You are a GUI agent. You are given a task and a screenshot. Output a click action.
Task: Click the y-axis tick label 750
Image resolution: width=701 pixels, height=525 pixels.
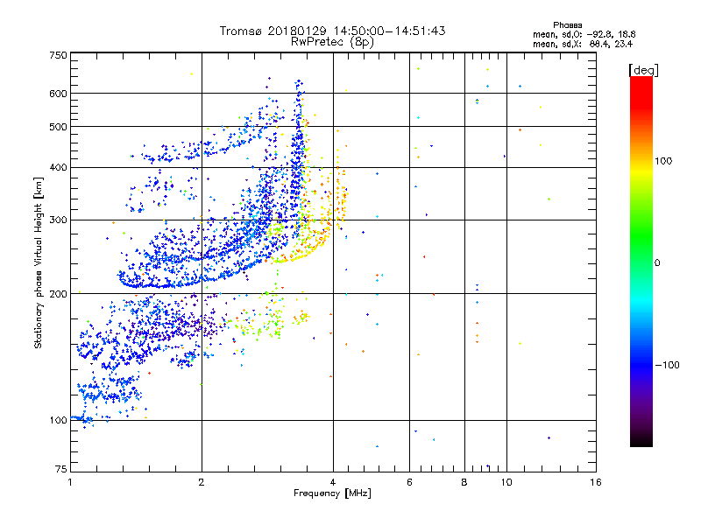point(58,55)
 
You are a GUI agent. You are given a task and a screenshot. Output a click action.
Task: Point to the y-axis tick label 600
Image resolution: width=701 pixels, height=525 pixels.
point(58,93)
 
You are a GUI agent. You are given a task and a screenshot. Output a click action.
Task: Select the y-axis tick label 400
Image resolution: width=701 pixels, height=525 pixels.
point(58,167)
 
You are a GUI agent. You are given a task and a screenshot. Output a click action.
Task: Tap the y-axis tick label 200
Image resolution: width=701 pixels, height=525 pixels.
point(58,294)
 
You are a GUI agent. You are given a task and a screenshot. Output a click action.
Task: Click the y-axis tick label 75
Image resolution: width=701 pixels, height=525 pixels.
point(60,470)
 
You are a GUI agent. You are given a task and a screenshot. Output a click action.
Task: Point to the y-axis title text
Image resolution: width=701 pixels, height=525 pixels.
point(39,262)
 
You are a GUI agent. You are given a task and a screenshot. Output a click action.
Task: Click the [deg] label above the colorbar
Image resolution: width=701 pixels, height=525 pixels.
point(643,69)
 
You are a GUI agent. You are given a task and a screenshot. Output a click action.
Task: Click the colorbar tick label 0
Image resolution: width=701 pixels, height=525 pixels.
point(657,262)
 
